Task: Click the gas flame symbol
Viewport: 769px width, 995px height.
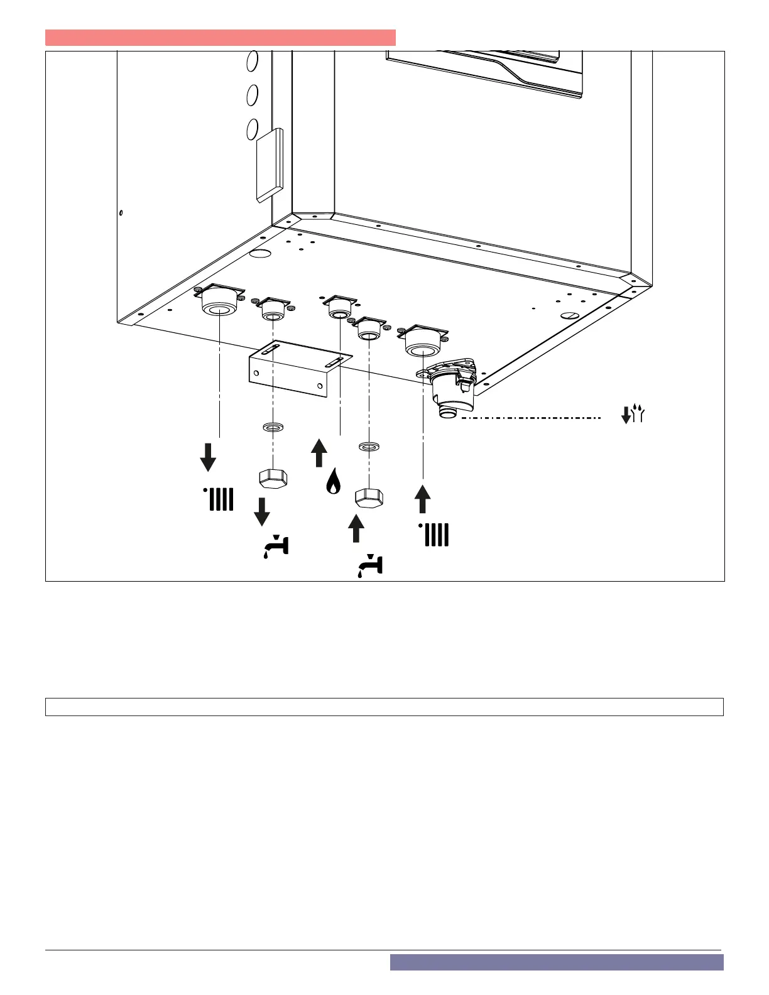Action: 333,482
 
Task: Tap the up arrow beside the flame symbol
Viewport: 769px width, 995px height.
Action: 319,453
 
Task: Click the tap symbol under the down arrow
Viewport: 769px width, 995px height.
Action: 276,546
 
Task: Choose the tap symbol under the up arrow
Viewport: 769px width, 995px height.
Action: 370,565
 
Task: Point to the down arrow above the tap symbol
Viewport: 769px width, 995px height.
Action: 262,511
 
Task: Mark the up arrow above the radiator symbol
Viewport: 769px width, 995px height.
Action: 423,499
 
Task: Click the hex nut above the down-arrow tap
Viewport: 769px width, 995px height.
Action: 273,478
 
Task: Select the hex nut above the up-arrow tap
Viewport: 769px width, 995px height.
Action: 369,497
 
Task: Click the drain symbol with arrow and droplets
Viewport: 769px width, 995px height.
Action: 633,414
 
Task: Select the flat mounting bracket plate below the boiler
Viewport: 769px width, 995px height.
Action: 298,369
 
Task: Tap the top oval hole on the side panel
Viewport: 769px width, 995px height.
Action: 252,60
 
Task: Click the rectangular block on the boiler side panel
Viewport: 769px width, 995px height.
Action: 270,165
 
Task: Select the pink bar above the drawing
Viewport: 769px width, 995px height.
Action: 220,38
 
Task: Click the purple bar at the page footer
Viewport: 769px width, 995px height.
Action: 556,962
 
